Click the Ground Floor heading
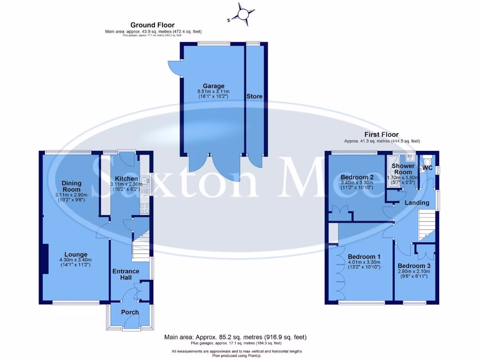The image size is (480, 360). pyautogui.click(x=152, y=25)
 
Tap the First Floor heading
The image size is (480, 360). pyautogui.click(x=382, y=135)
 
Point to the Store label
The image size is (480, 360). pyautogui.click(x=255, y=97)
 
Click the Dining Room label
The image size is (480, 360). pyautogui.click(x=72, y=186)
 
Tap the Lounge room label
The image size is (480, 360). pyautogui.click(x=75, y=255)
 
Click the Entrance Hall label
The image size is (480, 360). pyautogui.click(x=125, y=274)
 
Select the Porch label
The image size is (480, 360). pyautogui.click(x=130, y=312)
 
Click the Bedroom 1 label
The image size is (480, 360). pyautogui.click(x=364, y=257)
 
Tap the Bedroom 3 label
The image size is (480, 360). pyautogui.click(x=414, y=266)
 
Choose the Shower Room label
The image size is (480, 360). pyautogui.click(x=403, y=169)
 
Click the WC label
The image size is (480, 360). pyautogui.click(x=427, y=167)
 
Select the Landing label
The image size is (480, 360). pyautogui.click(x=417, y=203)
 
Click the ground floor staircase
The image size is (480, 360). pyautogui.click(x=140, y=247)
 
